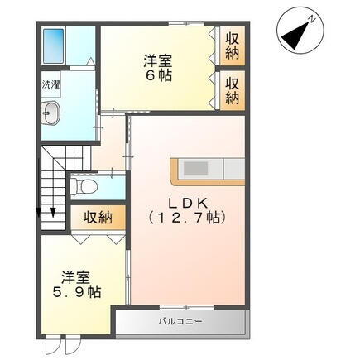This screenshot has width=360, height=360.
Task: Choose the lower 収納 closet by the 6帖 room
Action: click(x=232, y=89)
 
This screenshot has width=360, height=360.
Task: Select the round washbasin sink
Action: click(x=51, y=114)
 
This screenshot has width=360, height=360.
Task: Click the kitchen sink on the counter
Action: click(x=196, y=169)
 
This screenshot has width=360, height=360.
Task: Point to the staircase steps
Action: click(x=54, y=178)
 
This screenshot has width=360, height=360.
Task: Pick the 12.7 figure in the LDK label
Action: click(x=188, y=218)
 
